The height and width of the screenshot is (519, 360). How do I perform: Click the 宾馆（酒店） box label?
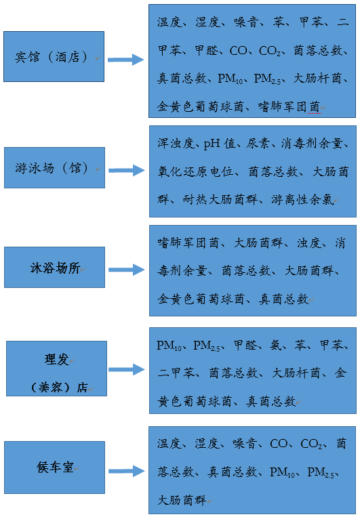click(x=52, y=57)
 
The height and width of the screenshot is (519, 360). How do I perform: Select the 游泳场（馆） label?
click(x=52, y=168)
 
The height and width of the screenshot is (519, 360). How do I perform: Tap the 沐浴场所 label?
click(x=55, y=268)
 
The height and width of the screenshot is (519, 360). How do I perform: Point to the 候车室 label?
click(x=55, y=468)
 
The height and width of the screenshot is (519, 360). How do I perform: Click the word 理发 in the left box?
click(x=57, y=360)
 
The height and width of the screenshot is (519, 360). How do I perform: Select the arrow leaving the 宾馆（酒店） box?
click(x=126, y=60)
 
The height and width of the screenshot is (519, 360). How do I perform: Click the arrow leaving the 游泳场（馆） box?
click(x=127, y=171)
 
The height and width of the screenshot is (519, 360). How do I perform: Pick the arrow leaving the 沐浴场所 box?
click(x=127, y=270)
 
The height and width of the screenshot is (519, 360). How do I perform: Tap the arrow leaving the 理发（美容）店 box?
click(x=127, y=369)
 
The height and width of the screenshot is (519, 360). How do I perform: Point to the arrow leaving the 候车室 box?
click(x=127, y=471)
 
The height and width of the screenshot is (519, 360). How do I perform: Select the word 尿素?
click(x=258, y=144)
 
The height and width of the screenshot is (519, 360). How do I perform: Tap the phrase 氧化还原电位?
click(x=195, y=171)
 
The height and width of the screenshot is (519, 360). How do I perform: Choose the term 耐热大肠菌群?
click(x=220, y=200)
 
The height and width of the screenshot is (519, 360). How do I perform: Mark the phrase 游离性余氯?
click(x=302, y=200)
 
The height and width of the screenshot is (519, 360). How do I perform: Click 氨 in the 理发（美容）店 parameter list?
click(x=275, y=346)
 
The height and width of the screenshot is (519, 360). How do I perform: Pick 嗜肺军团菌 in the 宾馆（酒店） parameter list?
click(x=289, y=106)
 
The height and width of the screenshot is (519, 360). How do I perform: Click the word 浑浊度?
click(x=176, y=144)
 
